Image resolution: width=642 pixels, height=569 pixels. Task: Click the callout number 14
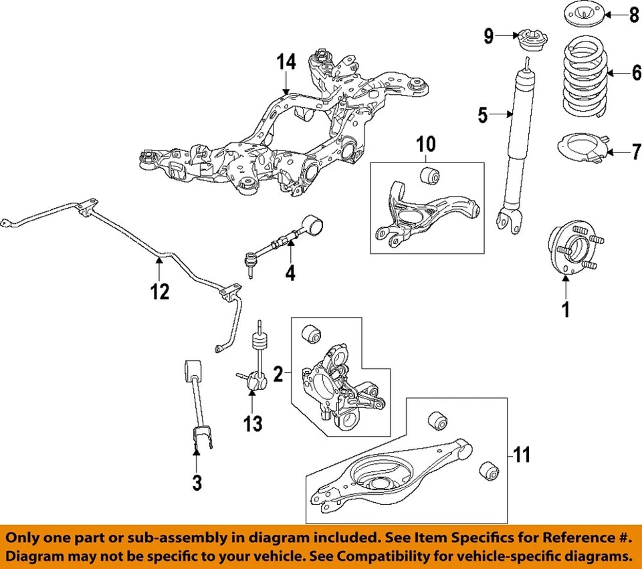286,63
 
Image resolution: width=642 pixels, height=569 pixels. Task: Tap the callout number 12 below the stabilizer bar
159,292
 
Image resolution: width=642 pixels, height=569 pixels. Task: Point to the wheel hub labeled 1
573,252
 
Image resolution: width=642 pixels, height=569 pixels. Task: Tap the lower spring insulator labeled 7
582,151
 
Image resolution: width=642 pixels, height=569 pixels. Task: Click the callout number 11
522,456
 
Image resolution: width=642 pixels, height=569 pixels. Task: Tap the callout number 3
197,482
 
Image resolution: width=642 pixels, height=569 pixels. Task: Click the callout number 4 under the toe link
290,274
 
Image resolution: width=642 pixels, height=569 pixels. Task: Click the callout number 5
483,116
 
